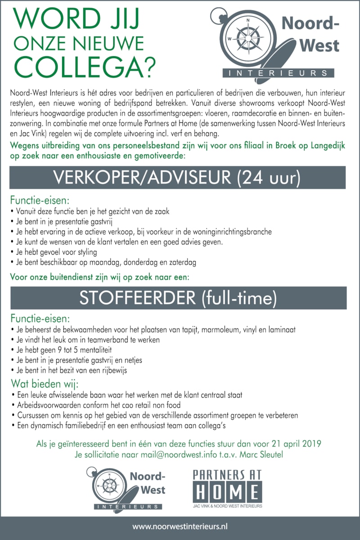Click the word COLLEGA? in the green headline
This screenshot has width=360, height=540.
pos(84,65)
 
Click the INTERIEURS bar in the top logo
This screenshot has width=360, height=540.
pos(279,73)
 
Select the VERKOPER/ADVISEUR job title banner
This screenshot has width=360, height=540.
pos(177,178)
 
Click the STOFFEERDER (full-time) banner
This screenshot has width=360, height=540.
pos(177,298)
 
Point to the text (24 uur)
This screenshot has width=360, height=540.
pos(268,178)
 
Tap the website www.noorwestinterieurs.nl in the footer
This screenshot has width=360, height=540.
pos(180,526)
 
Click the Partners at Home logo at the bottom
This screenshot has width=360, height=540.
pos(227,489)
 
